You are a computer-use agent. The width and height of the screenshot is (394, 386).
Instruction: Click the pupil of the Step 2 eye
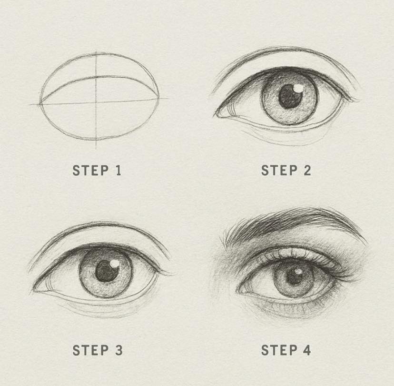pos(290,96)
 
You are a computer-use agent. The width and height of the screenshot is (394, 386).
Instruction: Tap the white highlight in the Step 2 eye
pos(298,88)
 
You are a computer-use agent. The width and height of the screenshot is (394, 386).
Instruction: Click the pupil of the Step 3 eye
pos(107,271)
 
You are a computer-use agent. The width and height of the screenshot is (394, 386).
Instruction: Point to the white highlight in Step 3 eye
pos(115,263)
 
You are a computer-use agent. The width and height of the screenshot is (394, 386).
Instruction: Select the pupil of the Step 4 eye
pos(294,276)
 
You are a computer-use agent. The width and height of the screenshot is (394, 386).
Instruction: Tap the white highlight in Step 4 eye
pos(299,271)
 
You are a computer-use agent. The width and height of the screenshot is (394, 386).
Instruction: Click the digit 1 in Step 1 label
pos(118,170)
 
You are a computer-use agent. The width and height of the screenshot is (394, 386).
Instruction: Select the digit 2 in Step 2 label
pos(307,170)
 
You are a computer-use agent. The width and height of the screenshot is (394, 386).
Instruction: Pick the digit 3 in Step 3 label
pos(118,350)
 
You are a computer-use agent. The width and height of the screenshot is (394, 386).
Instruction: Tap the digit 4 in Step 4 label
pos(307,350)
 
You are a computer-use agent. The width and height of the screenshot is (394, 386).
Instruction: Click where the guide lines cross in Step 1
pos(96,102)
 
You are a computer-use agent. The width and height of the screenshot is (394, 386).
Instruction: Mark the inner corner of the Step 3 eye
pos(34,291)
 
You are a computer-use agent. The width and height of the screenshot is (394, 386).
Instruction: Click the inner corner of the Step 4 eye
pos(239,291)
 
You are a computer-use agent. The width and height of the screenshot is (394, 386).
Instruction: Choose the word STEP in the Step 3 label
pos(90,350)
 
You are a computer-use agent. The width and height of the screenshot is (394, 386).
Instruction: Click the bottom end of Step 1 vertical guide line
pos(96,149)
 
